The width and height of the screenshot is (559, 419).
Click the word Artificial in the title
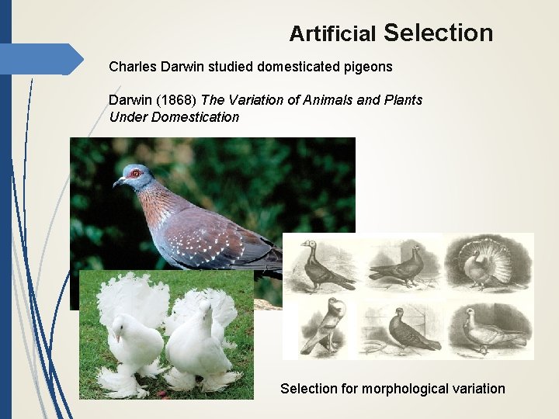click(332, 34)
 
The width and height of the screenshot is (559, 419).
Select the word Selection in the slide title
click(438, 33)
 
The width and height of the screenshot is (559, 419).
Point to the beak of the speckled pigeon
click(118, 183)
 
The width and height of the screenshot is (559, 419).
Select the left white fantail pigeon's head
click(122, 325)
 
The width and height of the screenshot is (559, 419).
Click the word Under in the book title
click(127, 117)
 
